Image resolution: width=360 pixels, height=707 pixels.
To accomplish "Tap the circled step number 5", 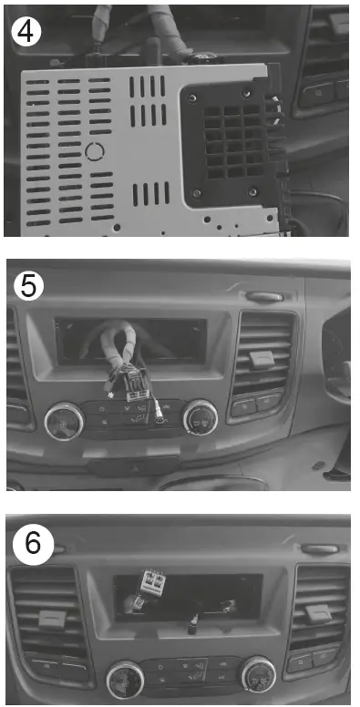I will pyautogui.click(x=29, y=287).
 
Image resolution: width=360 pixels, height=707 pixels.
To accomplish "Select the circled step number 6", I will pyautogui.click(x=32, y=545).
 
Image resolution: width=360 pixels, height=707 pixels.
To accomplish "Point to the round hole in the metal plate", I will pyautogui.click(x=95, y=150).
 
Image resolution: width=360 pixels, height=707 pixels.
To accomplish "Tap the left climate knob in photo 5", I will pyautogui.click(x=64, y=419).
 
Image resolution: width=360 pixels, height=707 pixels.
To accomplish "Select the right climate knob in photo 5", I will pyautogui.click(x=201, y=418).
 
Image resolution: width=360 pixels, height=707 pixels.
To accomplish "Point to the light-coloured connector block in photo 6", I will pyautogui.click(x=150, y=580).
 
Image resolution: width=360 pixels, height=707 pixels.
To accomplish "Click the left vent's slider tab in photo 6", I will pyautogui.click(x=50, y=620).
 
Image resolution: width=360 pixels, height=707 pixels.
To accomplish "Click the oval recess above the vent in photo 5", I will pyautogui.click(x=263, y=297).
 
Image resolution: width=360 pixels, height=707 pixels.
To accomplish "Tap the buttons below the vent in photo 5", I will pyautogui.click(x=256, y=405).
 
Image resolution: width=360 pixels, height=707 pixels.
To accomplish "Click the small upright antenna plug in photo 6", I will pyautogui.click(x=193, y=624).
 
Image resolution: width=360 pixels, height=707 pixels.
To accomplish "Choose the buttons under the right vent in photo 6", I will pyautogui.click(x=311, y=658).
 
